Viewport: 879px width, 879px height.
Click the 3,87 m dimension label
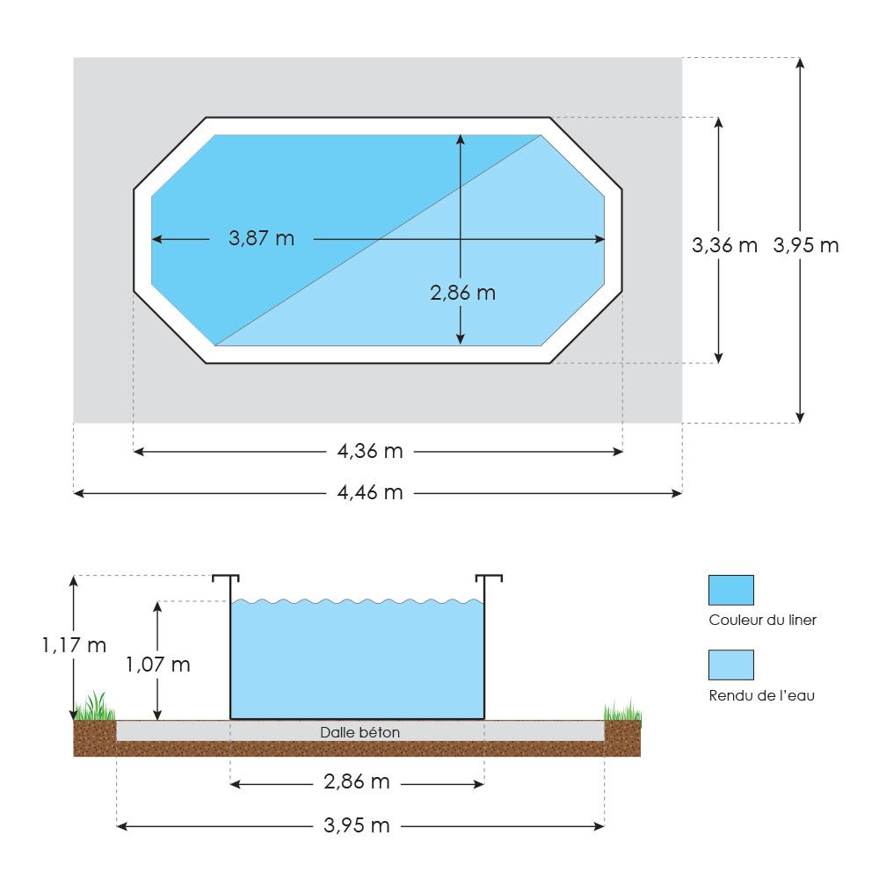[261, 238]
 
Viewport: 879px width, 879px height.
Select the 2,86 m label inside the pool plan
[462, 293]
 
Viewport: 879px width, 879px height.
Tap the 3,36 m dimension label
[724, 245]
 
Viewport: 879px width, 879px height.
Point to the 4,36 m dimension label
[370, 452]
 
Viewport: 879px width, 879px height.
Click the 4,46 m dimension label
[370, 493]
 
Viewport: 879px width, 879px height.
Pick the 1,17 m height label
[74, 645]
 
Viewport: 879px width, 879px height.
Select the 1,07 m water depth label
[157, 665]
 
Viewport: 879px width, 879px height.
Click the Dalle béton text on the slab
[360, 731]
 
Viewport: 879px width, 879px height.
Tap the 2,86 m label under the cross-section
[357, 782]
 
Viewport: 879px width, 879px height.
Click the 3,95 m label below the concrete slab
[357, 825]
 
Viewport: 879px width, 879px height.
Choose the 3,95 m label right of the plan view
[806, 245]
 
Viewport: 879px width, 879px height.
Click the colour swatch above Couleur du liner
[730, 590]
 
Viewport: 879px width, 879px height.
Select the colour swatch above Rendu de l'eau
[730, 665]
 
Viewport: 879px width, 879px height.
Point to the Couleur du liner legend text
[762, 620]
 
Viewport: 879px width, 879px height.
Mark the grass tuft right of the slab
[622, 710]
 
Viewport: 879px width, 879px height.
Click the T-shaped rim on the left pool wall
[225, 580]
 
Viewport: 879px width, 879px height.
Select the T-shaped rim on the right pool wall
[489, 580]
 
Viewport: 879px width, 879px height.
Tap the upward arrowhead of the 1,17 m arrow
[74, 581]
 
